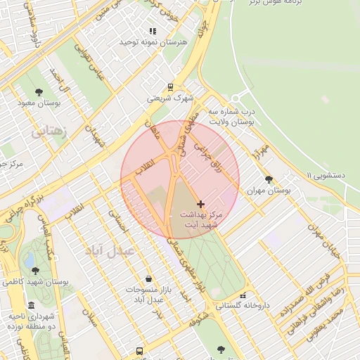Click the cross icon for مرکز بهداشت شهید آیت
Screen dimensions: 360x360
200,203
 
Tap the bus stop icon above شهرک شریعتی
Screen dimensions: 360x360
169,87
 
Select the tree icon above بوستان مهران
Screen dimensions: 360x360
268,179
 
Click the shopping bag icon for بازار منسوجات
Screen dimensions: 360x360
148,278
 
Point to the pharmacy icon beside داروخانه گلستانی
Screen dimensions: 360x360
243,295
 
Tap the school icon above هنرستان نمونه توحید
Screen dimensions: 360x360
153,31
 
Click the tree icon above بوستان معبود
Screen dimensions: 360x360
39,92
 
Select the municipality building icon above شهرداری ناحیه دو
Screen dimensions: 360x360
31,305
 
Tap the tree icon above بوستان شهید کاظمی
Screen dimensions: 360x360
35,270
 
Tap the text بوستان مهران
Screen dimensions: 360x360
268,191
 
